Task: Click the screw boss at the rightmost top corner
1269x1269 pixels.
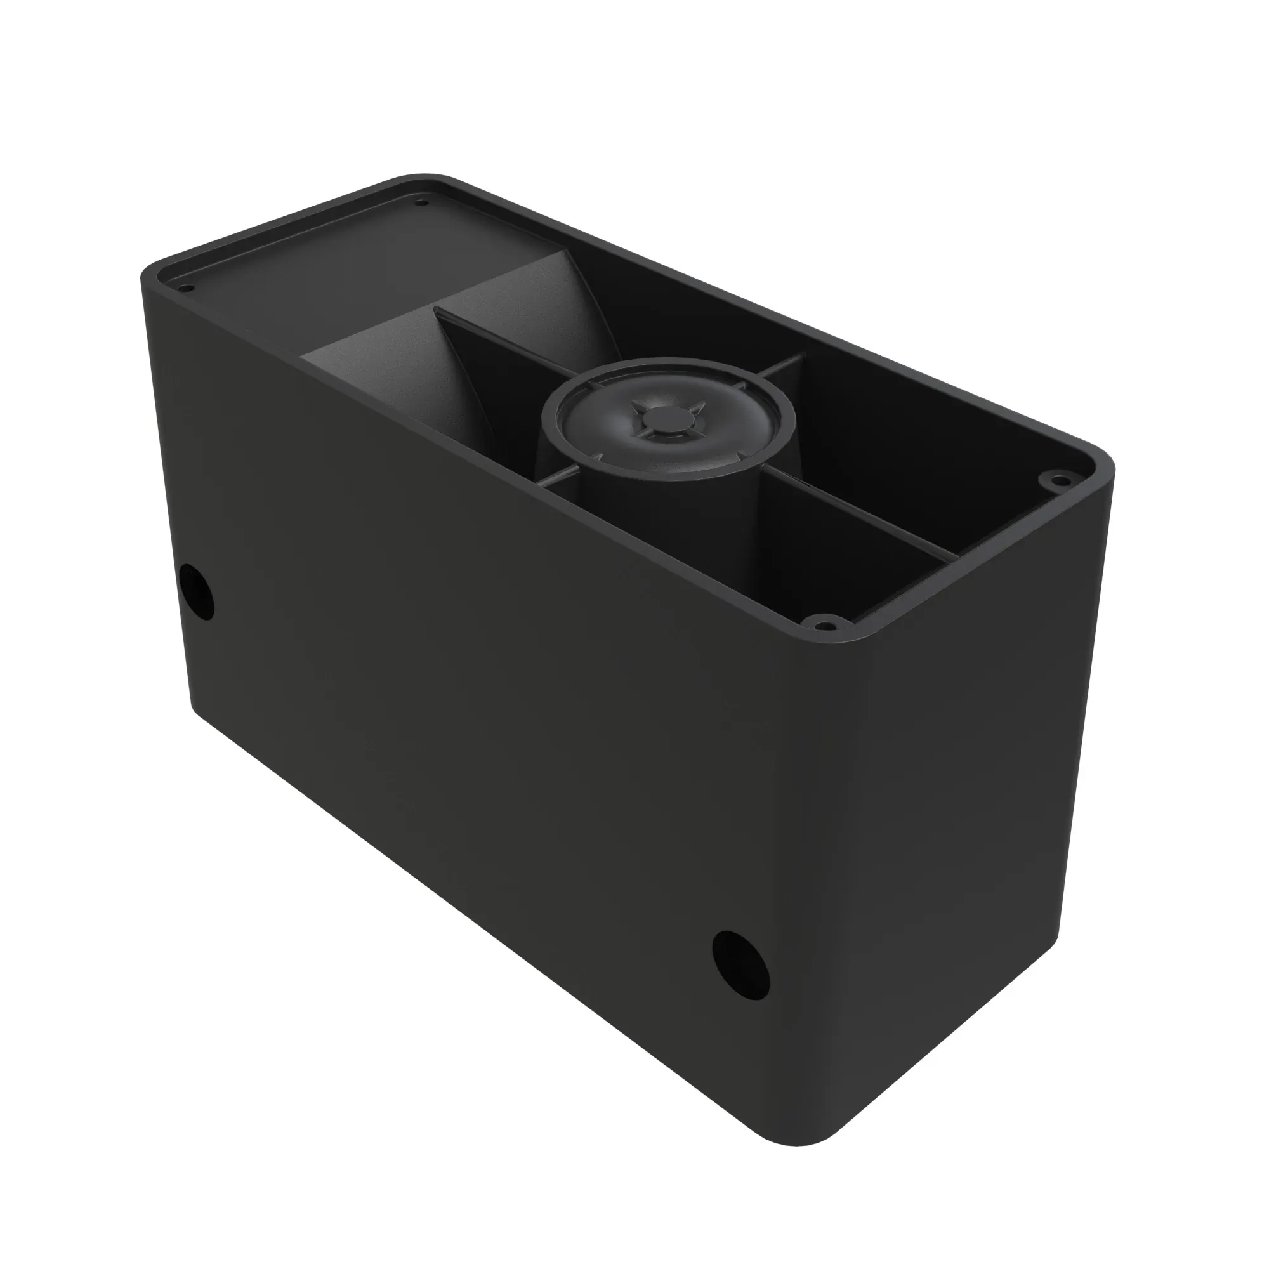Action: [x=1057, y=480]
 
